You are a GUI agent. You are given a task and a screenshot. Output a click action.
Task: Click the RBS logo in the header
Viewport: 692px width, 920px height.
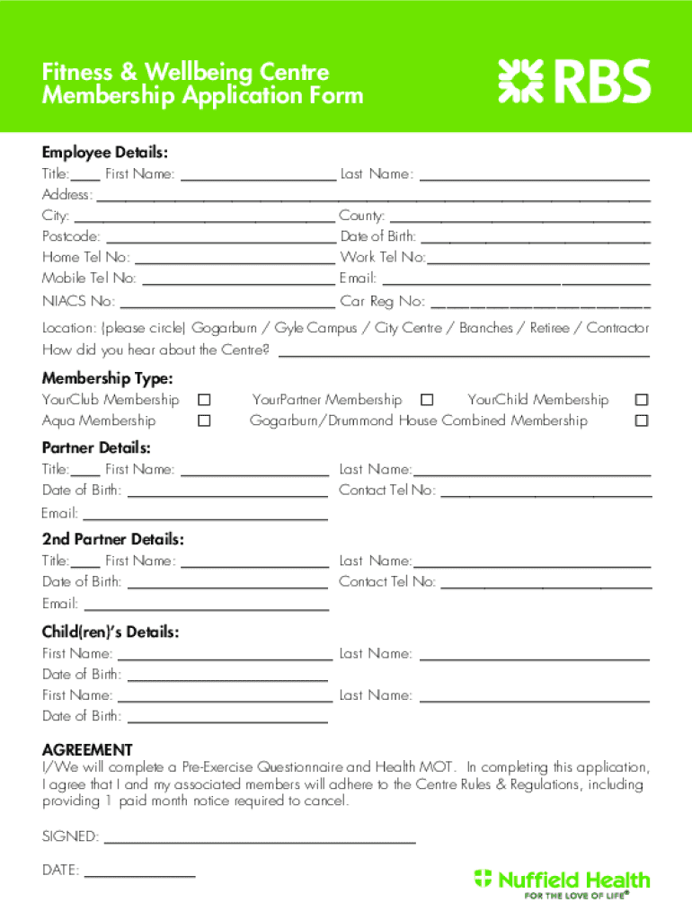tap(574, 80)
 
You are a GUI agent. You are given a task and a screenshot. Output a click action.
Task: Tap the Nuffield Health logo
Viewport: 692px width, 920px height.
tap(562, 882)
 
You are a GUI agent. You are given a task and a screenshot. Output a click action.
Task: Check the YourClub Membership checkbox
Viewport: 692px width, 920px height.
tap(205, 400)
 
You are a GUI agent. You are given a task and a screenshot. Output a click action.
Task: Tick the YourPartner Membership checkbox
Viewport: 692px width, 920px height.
tap(427, 400)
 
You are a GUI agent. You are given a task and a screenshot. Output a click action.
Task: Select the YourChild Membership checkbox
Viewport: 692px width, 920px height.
tap(641, 400)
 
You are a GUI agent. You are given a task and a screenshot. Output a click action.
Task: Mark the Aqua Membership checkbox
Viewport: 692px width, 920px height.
tap(205, 420)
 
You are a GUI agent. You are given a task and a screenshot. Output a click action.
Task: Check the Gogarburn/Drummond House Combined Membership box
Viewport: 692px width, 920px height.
tap(641, 420)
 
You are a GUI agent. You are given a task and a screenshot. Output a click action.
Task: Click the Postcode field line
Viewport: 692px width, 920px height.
tap(220, 238)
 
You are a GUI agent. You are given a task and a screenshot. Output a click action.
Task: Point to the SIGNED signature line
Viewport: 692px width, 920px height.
tap(260, 839)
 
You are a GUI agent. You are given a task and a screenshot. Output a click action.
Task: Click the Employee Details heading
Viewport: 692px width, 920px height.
tap(105, 153)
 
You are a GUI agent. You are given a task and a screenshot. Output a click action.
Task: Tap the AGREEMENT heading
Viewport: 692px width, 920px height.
tap(87, 749)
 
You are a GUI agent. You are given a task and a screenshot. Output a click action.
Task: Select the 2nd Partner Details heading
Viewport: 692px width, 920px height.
tap(113, 539)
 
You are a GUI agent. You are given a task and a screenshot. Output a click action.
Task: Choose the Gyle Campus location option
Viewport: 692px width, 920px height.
tap(315, 328)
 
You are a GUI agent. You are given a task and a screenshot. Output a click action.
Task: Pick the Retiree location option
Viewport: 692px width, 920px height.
tap(549, 328)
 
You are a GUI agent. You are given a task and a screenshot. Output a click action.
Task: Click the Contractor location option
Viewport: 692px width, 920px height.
tap(617, 328)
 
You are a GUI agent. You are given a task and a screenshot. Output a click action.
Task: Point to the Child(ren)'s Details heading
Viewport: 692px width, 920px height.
tap(111, 632)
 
